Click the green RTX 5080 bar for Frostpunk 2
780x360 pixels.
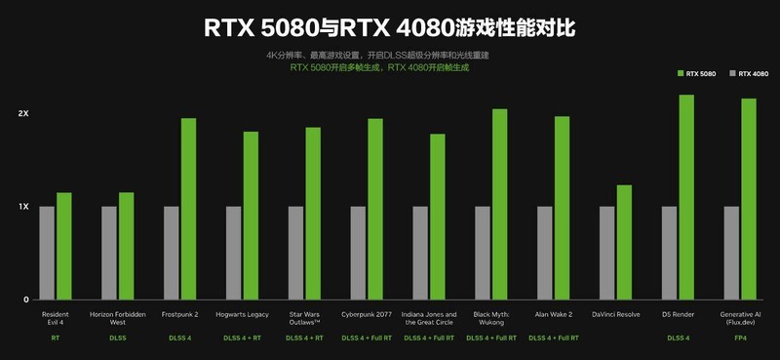tap(188, 209)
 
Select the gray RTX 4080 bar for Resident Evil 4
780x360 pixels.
tap(47, 253)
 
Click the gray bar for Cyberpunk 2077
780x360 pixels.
tap(358, 253)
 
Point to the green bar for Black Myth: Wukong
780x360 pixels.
tap(500, 204)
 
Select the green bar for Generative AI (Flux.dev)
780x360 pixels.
tap(749, 199)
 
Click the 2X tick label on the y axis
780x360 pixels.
tap(23, 114)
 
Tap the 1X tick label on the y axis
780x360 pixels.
tap(23, 207)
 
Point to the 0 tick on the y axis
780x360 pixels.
tap(26, 300)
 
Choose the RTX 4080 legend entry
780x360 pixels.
tap(748, 73)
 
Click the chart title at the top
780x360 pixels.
tap(389, 27)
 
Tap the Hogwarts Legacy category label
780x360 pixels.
tap(242, 314)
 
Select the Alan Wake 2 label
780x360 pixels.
tap(554, 314)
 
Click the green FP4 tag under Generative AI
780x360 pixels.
tap(740, 338)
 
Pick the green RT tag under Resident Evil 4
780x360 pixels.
tap(55, 338)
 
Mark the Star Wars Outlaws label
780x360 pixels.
tap(304, 318)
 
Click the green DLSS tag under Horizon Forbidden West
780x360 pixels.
tap(117, 338)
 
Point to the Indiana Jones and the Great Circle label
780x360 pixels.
tap(429, 318)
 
